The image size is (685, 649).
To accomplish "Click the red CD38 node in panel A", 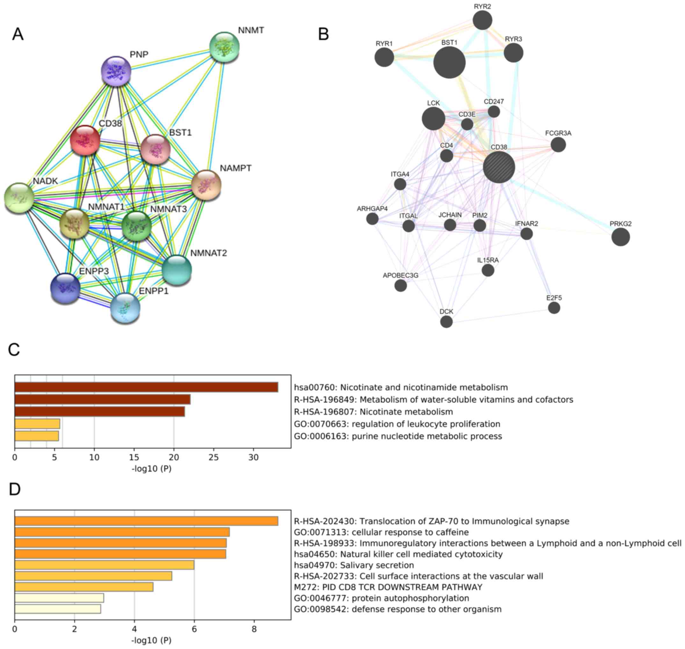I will (x=85, y=140).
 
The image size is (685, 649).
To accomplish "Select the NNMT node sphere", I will (x=225, y=48).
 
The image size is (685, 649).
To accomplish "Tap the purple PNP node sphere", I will (x=116, y=71).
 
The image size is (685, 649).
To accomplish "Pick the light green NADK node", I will (x=19, y=198).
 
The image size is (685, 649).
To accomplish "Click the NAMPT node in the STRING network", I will (x=206, y=185).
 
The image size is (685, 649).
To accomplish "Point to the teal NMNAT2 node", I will (x=177, y=270).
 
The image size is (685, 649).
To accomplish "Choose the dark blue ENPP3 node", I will (x=65, y=288).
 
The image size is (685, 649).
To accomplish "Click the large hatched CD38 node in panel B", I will (x=499, y=167).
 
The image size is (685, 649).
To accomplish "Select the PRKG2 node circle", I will (x=620, y=237).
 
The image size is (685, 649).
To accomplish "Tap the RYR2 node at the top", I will (x=482, y=20).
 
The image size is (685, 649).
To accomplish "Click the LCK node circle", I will (x=433, y=118).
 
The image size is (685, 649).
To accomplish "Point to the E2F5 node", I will (x=554, y=307).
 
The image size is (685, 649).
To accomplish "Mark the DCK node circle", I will (x=446, y=322).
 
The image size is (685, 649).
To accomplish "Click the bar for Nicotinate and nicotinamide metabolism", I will (x=146, y=387).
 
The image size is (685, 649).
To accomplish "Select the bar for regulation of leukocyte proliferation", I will (x=37, y=424).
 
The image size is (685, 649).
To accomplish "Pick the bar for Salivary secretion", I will (x=105, y=565).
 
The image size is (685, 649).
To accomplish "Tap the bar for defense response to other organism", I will (x=58, y=609).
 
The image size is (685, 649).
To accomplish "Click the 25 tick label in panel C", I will (x=213, y=457).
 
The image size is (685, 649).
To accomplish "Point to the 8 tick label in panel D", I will (x=254, y=629).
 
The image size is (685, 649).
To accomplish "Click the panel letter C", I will (x=14, y=350).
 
